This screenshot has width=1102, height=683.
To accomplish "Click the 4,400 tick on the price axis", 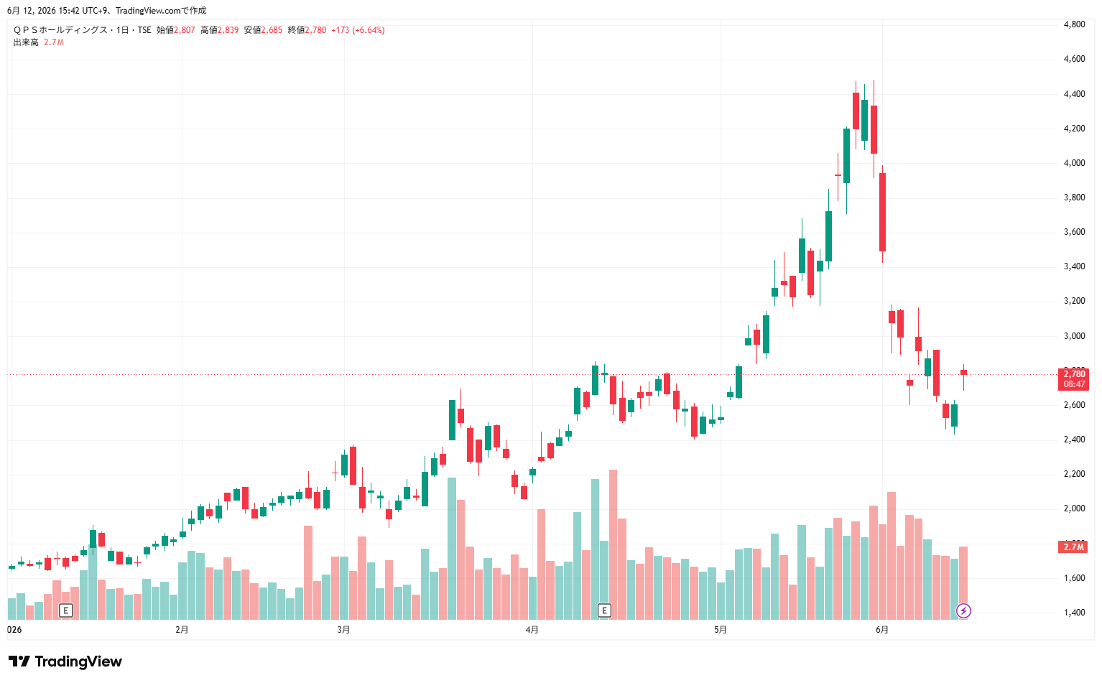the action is click(x=1074, y=94).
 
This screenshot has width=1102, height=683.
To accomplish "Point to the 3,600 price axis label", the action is click(x=1074, y=231).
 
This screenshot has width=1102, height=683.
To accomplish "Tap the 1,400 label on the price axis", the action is click(x=1074, y=612).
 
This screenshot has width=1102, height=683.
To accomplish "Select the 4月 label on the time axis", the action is click(x=532, y=630).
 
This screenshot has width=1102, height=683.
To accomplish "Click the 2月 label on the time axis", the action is click(x=182, y=630).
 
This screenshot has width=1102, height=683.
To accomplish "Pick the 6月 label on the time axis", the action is click(x=882, y=630).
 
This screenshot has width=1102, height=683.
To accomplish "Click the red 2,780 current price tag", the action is click(x=1073, y=379).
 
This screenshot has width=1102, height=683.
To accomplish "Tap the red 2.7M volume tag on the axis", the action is click(x=1073, y=547).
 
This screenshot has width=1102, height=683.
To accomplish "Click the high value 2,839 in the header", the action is click(x=228, y=30).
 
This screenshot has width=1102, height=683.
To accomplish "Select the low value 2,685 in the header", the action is click(x=272, y=30).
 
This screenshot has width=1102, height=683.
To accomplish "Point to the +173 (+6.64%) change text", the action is click(x=358, y=30).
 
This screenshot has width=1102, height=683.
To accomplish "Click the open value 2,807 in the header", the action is click(x=185, y=30).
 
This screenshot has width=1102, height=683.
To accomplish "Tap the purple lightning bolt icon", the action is click(x=963, y=610).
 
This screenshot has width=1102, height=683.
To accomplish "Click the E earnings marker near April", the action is click(x=604, y=610).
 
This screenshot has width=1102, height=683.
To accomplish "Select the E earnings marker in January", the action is click(x=65, y=610).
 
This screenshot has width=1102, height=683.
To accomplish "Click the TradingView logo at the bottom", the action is click(x=65, y=661).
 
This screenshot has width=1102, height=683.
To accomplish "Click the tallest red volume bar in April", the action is click(x=613, y=544).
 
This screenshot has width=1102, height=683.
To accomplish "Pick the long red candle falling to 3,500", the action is click(x=883, y=213).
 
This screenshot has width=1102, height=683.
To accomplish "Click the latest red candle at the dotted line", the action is click(x=964, y=373).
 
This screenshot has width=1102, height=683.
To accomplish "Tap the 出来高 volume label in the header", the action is click(x=26, y=42).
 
